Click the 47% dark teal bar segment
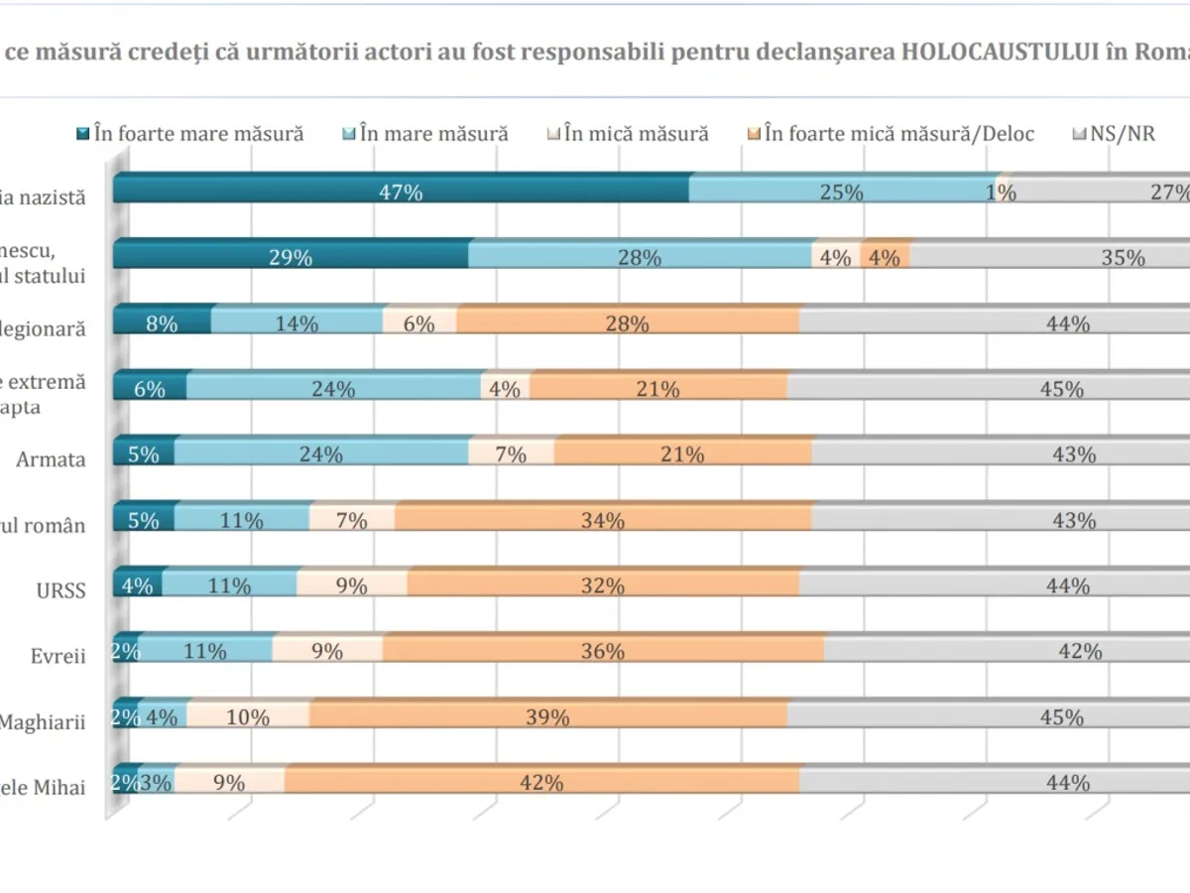click(x=401, y=191)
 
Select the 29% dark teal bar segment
click(x=291, y=256)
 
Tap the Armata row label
click(x=51, y=459)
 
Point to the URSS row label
click(x=59, y=590)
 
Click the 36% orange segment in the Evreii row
click(x=603, y=651)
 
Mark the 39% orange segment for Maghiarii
click(x=548, y=716)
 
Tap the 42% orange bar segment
click(x=541, y=782)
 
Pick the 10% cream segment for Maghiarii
click(x=248, y=716)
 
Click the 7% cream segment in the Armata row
click(x=511, y=454)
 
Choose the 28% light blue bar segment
click(x=640, y=256)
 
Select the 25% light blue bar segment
click(x=841, y=191)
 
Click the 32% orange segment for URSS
click(x=603, y=585)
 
